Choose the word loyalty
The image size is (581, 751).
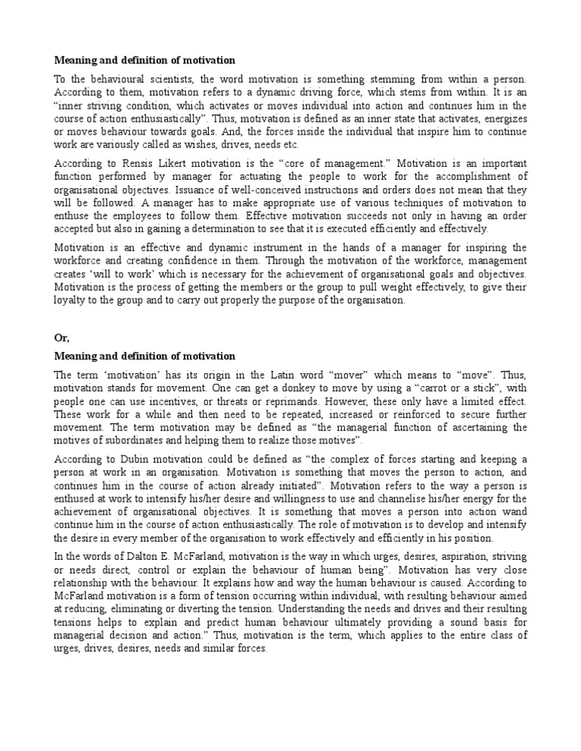[x=70, y=299]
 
